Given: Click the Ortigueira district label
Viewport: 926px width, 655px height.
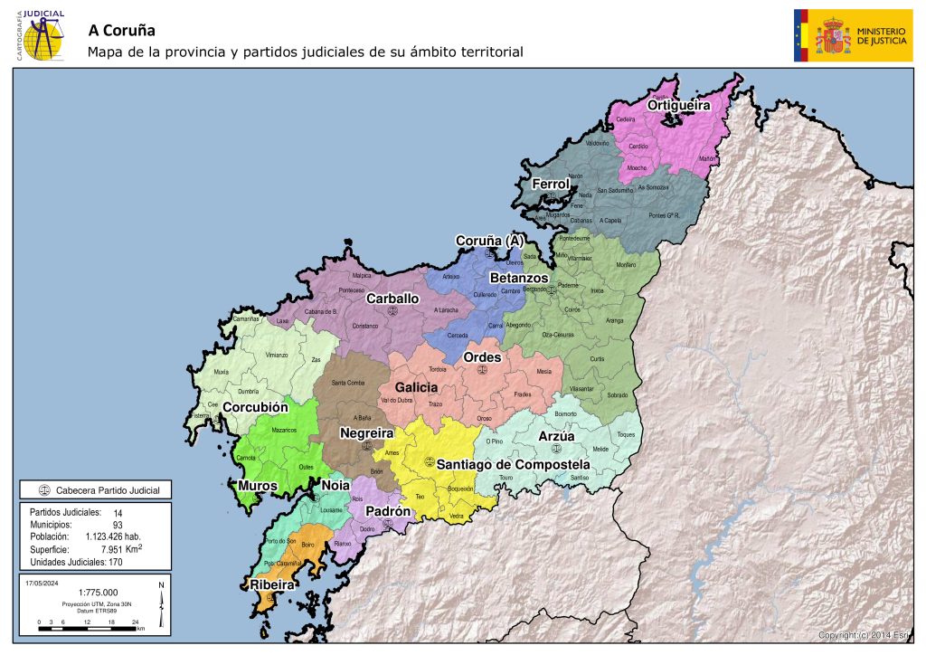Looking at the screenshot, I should pyautogui.click(x=678, y=106).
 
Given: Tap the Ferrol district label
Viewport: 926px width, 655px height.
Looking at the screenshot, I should pyautogui.click(x=551, y=184).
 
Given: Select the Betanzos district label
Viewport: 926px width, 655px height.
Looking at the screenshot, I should pyautogui.click(x=519, y=277).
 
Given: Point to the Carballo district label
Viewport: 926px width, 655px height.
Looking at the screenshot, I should pyautogui.click(x=392, y=298).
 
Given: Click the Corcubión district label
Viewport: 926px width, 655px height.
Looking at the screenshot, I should pyautogui.click(x=255, y=407).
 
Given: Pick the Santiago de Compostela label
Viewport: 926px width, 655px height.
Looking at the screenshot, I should pyautogui.click(x=513, y=464).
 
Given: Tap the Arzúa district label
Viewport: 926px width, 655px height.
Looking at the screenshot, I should pyautogui.click(x=556, y=436).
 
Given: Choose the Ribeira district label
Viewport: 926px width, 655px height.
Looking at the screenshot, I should pyautogui.click(x=267, y=585).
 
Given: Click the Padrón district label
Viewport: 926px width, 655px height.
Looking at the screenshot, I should pyautogui.click(x=389, y=511).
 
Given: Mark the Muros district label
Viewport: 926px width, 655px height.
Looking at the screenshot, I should pyautogui.click(x=258, y=486).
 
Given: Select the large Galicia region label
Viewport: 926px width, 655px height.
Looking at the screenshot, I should pyautogui.click(x=416, y=387).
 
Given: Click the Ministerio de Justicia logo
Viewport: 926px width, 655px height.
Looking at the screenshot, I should pyautogui.click(x=853, y=35).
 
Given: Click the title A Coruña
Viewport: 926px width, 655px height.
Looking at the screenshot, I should pyautogui.click(x=122, y=29).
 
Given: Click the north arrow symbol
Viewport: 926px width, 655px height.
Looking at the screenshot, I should pyautogui.click(x=161, y=604).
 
